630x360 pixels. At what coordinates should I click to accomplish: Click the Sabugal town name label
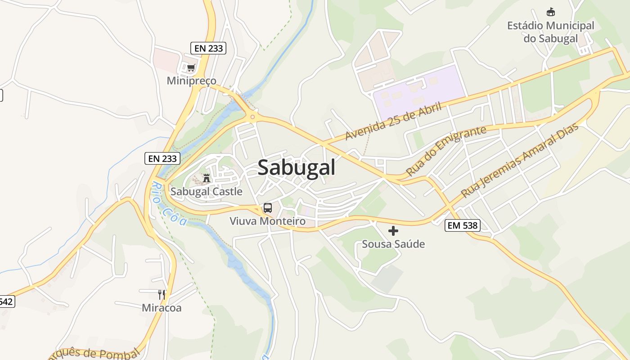point(297,168)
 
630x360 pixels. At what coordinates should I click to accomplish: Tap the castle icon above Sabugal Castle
point(207,178)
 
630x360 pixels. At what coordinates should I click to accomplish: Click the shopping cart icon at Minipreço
point(191,68)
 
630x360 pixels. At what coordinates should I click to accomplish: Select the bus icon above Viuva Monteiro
point(268,208)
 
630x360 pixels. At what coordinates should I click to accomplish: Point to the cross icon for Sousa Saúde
point(393,231)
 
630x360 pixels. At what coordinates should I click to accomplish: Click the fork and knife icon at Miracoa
point(162,295)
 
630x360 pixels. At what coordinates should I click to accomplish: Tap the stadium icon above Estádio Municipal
point(550,12)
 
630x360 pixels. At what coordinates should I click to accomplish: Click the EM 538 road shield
point(463,225)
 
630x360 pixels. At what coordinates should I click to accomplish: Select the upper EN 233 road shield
point(208,48)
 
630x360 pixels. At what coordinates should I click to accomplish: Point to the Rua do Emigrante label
point(446,151)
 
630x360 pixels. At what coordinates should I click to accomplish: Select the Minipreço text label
point(191,81)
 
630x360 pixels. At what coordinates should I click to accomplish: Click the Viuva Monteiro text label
point(268,221)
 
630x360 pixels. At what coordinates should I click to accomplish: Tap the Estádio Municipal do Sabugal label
point(550,32)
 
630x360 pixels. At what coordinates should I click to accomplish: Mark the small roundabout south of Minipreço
point(252,117)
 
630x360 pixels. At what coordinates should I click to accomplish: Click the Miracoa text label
point(162,308)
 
